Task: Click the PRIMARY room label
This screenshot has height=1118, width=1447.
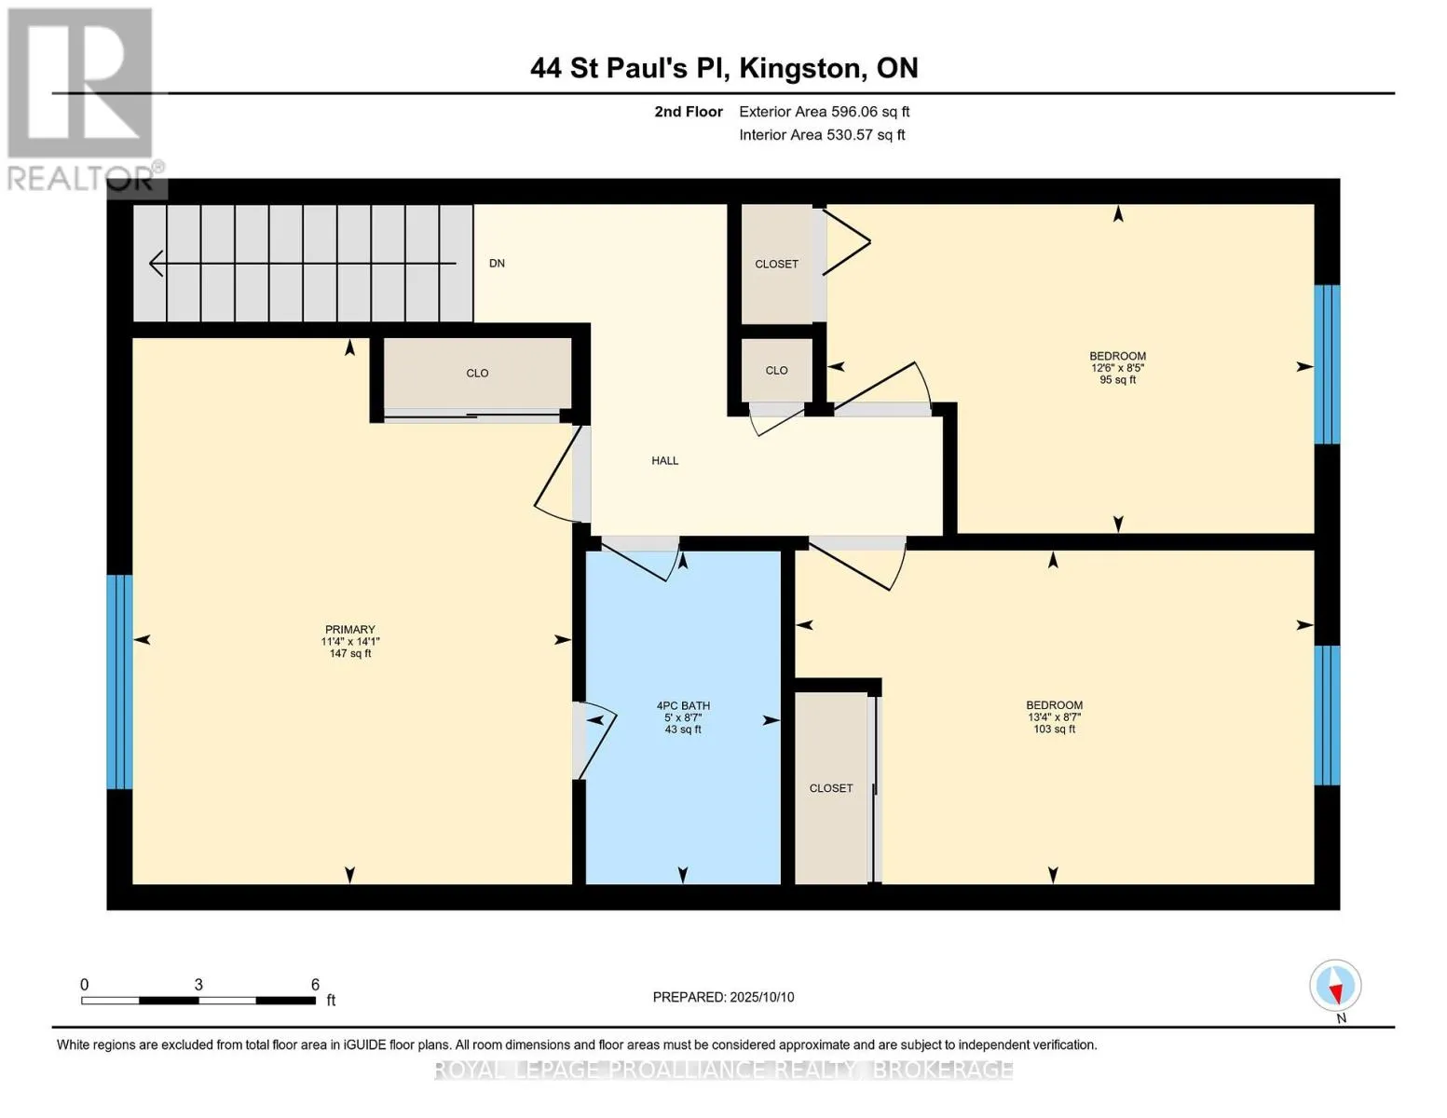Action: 349,629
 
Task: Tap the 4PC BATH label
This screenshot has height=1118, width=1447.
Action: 683,706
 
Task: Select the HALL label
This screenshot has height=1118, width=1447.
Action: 664,461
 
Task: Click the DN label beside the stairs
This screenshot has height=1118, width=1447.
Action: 497,263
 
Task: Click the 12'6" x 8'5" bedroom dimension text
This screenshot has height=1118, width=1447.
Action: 1117,368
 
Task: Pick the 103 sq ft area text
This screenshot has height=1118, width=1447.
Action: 1054,729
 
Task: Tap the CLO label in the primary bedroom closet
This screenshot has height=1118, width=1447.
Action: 477,373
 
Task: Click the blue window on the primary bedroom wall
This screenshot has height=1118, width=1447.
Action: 120,682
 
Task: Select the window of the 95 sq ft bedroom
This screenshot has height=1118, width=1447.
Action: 1327,364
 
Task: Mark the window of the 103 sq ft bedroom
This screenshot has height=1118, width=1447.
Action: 1327,716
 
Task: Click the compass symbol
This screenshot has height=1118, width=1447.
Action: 1335,987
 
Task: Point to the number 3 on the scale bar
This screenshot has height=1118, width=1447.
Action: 198,984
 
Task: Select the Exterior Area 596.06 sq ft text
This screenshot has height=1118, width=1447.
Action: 825,112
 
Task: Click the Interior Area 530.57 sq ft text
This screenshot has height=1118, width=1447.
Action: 823,135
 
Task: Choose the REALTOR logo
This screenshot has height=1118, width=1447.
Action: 83,100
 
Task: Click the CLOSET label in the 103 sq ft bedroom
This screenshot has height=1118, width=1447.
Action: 831,788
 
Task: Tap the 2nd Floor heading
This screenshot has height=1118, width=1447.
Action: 689,112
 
